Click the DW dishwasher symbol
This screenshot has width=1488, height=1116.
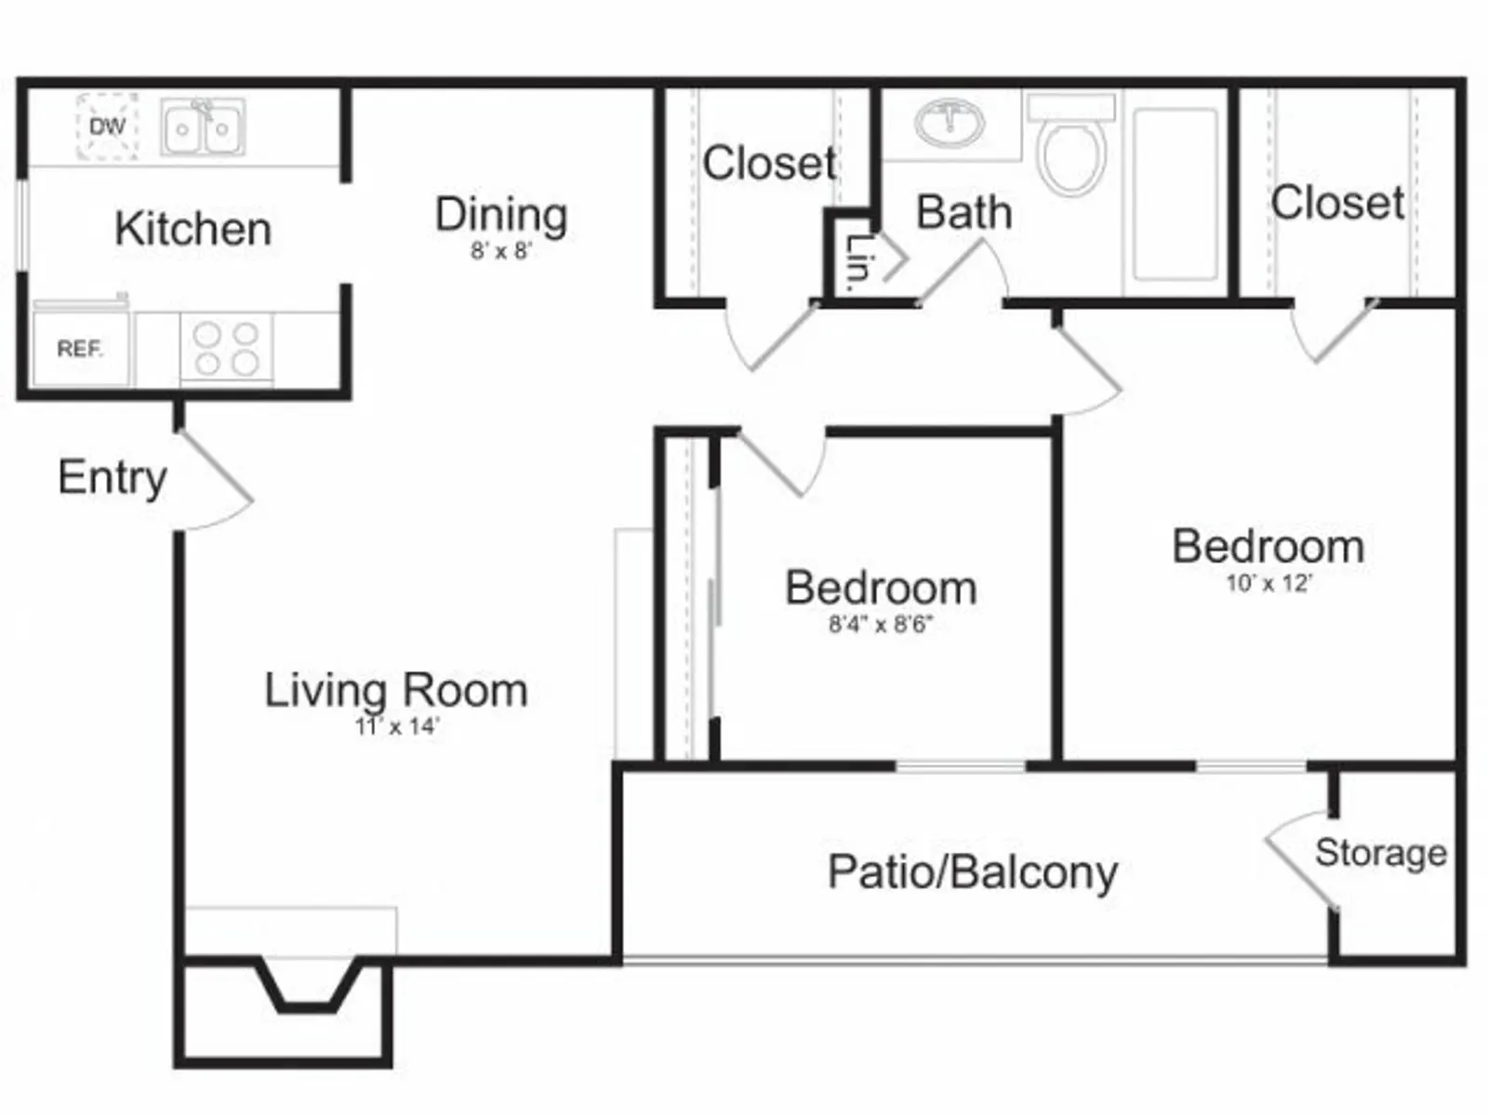pyautogui.click(x=107, y=126)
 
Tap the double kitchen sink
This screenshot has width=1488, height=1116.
pyautogui.click(x=203, y=126)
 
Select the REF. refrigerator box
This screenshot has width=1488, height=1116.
pyautogui.click(x=81, y=349)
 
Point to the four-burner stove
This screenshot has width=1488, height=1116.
pyautogui.click(x=226, y=349)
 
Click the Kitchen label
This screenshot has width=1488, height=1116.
pyautogui.click(x=193, y=229)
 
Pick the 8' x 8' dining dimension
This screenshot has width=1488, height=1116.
pyautogui.click(x=501, y=251)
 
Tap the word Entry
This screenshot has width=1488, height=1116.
pyautogui.click(x=113, y=478)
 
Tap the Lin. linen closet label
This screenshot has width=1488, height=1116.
pyautogui.click(x=857, y=259)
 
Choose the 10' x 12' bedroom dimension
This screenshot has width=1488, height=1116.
pyautogui.click(x=1269, y=583)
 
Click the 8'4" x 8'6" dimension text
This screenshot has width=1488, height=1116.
pyautogui.click(x=882, y=624)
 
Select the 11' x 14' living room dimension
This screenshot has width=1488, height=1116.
pyautogui.click(x=397, y=726)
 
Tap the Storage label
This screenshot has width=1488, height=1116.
pyautogui.click(x=1381, y=853)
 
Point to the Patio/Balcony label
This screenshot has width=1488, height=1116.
pyautogui.click(x=973, y=872)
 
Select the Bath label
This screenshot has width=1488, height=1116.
pyautogui.click(x=964, y=212)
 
